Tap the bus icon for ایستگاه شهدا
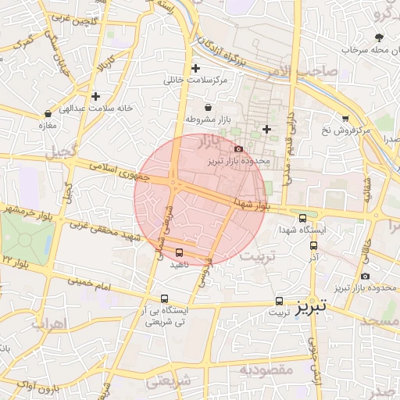coord(303,219)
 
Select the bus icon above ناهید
coord(180,252)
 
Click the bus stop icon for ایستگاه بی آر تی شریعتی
coord(164,298)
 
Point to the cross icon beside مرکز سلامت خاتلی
coord(195,68)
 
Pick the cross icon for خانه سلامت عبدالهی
coord(95,97)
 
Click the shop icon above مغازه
coord(48,113)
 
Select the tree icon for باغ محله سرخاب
coord(380,37)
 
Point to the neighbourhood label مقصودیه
coord(266,368)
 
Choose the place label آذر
coord(313,257)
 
